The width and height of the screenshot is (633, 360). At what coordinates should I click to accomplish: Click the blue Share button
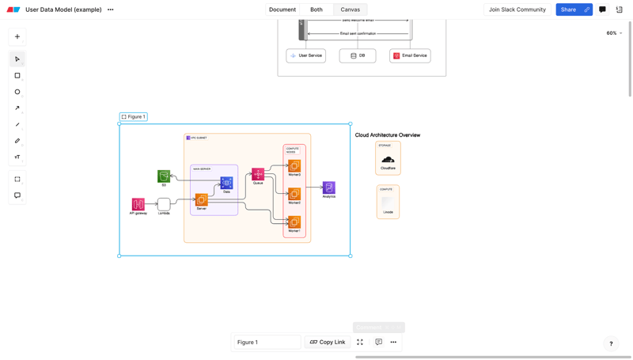pos(568,9)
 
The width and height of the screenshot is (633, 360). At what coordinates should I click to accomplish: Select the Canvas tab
pos(350,9)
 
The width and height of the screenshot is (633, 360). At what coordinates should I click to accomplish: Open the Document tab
pos(282,9)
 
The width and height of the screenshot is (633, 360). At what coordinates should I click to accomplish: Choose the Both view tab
pos(316,9)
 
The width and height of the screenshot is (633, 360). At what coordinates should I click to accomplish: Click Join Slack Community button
pos(517,9)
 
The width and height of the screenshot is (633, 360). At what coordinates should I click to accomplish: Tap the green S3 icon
pos(164,176)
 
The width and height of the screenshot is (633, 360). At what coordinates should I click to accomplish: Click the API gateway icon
pos(138,204)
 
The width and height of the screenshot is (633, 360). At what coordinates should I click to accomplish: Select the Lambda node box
pos(164,204)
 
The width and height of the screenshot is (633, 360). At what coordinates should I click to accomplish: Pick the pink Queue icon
pos(258,174)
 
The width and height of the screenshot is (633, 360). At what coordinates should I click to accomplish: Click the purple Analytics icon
pos(329,188)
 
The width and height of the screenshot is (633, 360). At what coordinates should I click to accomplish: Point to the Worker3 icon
pos(294,165)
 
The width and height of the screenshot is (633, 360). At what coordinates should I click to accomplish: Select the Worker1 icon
pos(294,222)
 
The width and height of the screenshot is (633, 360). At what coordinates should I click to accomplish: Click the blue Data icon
pos(226,183)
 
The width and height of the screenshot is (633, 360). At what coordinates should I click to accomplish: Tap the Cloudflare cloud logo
pos(388,160)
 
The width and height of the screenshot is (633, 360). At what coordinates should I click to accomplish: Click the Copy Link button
pos(328,342)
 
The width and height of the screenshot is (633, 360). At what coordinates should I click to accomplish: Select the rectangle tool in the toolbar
pos(17,76)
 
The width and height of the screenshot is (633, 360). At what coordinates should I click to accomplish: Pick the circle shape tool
pos(17,92)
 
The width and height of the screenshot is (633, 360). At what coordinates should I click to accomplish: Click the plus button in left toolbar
pos(17,36)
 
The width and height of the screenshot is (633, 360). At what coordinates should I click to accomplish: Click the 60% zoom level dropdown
pos(614,33)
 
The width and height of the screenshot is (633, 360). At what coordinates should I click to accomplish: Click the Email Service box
pos(410,55)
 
